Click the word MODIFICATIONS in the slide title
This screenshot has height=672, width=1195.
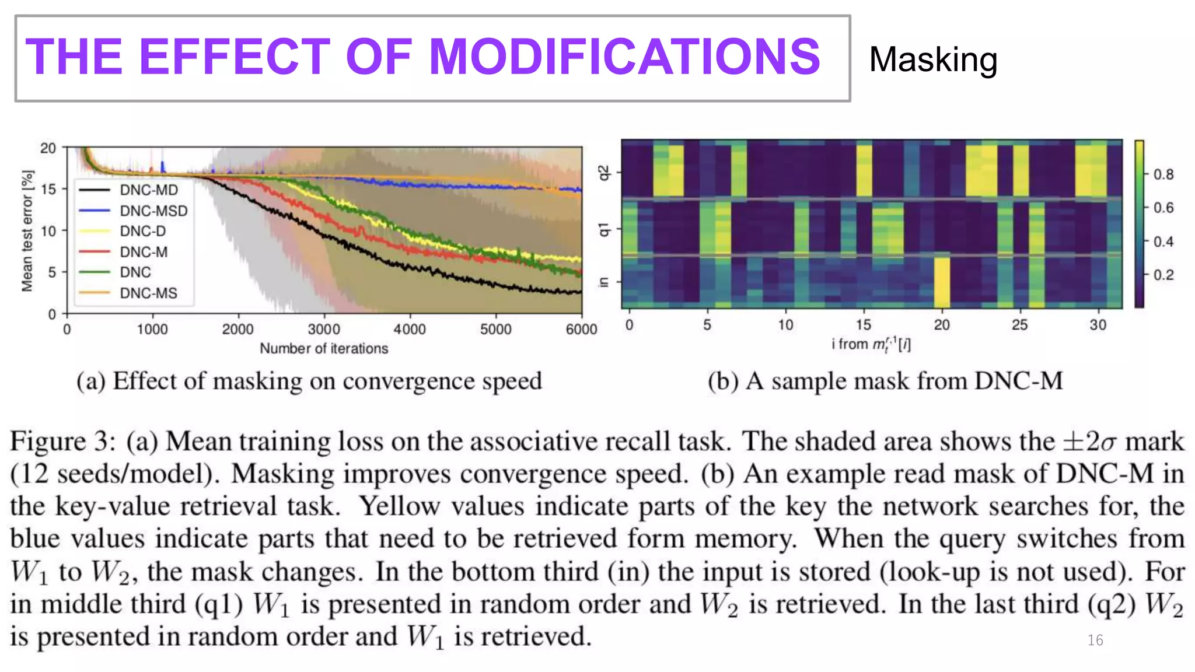point(624,57)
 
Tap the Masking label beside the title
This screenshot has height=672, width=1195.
point(932,60)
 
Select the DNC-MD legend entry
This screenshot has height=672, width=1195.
point(148,190)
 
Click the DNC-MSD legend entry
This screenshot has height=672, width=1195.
point(153,211)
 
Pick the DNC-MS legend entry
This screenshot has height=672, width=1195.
point(148,293)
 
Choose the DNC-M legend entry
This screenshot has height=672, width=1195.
point(144,252)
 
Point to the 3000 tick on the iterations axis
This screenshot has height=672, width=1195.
point(324,330)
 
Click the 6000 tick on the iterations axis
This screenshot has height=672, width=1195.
point(581,330)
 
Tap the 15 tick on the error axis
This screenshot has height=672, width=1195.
point(49,190)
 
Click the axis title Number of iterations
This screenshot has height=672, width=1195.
point(324,349)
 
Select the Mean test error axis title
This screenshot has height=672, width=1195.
point(27,231)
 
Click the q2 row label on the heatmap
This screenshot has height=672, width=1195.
point(604,173)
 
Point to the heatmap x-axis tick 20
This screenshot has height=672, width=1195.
point(941,325)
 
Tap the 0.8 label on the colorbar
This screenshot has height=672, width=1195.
point(1163,174)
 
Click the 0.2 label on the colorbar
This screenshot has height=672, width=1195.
point(1163,275)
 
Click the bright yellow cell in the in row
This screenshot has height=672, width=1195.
point(941,282)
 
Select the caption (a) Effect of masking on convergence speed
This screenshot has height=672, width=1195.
point(309,381)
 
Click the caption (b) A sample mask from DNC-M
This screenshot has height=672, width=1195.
point(885,381)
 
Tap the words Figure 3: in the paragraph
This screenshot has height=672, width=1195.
point(62,442)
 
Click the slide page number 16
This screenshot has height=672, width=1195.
point(1095,640)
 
